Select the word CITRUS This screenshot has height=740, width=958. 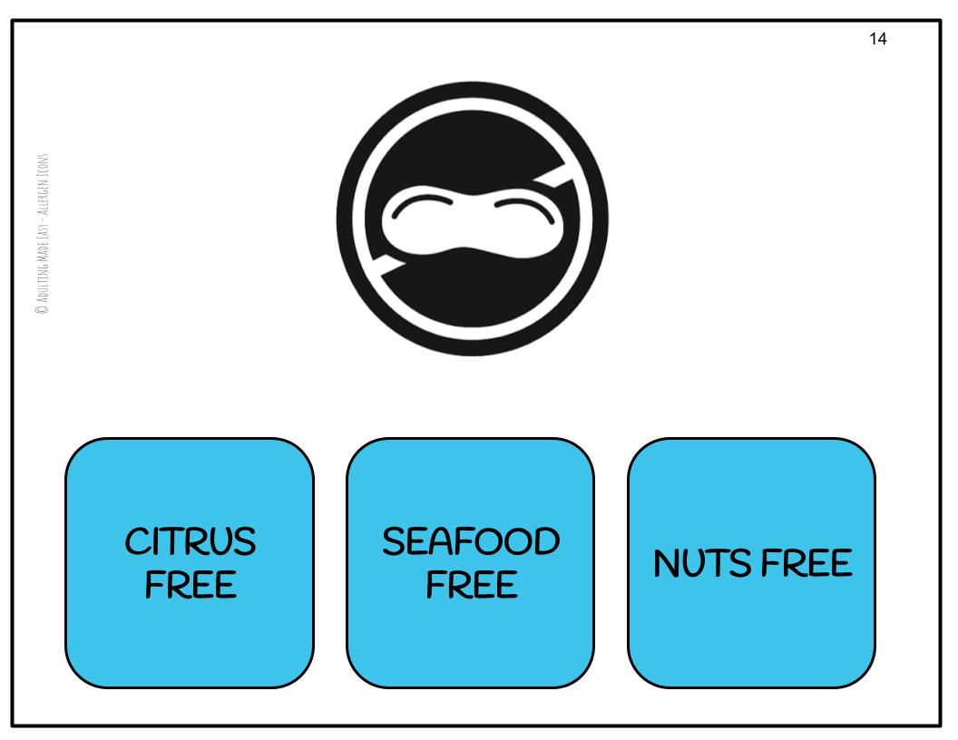[191, 544]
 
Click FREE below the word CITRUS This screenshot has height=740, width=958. [191, 585]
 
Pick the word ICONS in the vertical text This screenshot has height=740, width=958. [41, 161]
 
